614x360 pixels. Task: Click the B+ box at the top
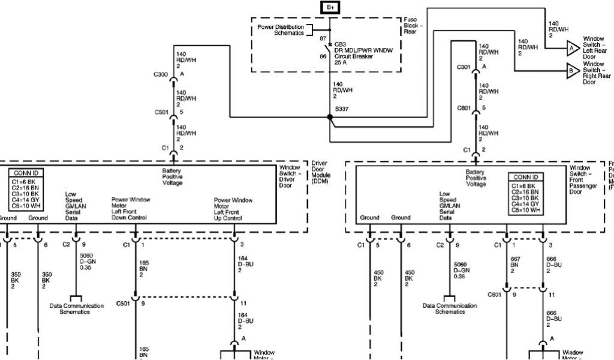(330, 7)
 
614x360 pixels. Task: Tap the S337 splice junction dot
(330, 117)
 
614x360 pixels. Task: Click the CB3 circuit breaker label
(339, 44)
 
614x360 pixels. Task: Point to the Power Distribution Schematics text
(281, 30)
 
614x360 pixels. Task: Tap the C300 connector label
(161, 75)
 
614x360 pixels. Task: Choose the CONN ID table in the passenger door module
(526, 194)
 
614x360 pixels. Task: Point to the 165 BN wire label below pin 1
(144, 265)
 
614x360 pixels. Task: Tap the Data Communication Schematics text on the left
(75, 308)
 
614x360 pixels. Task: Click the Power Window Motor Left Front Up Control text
(234, 208)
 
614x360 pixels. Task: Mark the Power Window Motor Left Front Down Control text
(131, 208)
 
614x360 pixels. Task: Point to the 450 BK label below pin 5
(378, 278)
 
